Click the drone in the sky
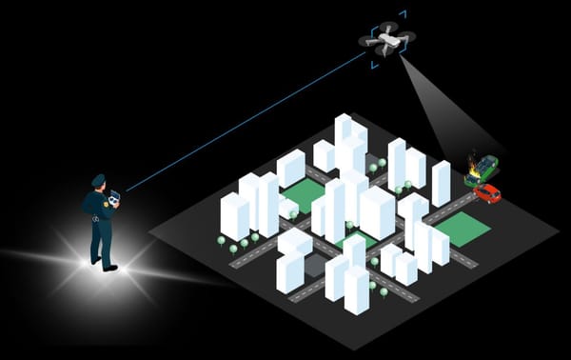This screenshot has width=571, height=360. click(386, 39)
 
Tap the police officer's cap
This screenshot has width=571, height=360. click(98, 178)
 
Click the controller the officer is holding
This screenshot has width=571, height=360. click(115, 198)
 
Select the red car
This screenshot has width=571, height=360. click(487, 192)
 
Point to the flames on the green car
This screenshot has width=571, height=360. click(472, 161)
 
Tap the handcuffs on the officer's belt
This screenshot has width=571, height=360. click(97, 219)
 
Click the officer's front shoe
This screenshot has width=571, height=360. click(110, 269)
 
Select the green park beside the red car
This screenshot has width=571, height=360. click(462, 229)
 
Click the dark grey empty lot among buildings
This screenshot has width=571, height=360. click(315, 265)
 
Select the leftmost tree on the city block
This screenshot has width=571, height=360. click(222, 241)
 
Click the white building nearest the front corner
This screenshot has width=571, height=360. click(357, 290)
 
